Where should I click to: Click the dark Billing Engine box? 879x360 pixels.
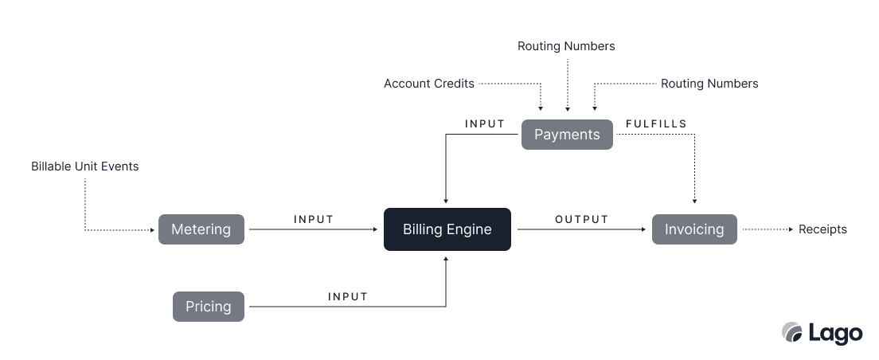coord(447,229)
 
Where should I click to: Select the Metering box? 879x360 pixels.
coord(201,229)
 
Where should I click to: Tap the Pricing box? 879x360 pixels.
coord(208,307)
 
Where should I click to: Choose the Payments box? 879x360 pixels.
coord(567,135)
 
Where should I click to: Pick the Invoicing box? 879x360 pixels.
coord(694,229)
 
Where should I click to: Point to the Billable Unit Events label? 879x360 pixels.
coord(84,166)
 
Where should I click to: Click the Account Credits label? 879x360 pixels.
coord(428,84)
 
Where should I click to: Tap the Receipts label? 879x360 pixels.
coord(822,229)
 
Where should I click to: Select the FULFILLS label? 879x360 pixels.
coord(656,123)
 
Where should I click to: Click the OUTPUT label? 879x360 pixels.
coord(581,219)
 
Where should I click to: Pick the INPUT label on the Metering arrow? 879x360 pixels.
coord(313,219)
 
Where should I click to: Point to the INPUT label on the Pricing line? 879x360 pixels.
coord(348,296)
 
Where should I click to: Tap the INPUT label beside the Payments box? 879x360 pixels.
coord(485,123)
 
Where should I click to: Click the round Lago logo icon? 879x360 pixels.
coord(791,332)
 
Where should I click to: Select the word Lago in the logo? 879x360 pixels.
coord(835,333)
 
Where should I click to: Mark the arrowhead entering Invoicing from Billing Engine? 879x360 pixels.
coord(643,229)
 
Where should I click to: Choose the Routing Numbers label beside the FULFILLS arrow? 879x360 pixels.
coord(709,84)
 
